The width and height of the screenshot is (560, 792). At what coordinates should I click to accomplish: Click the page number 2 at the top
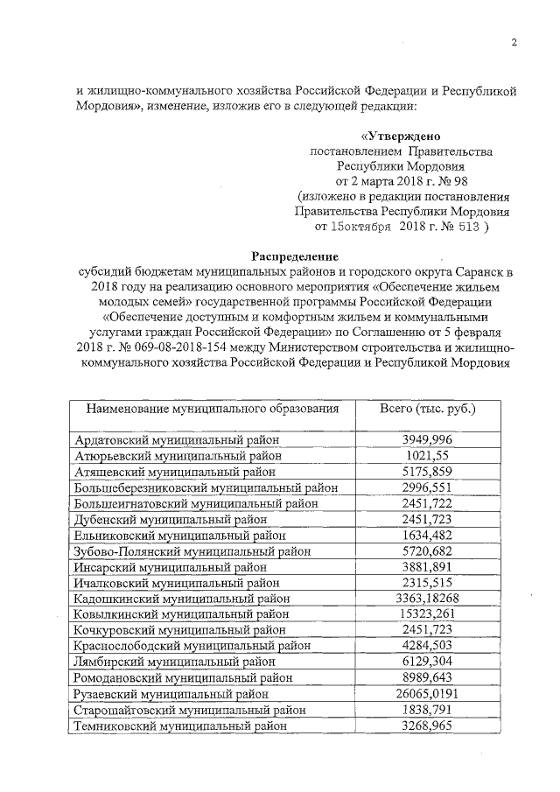514,43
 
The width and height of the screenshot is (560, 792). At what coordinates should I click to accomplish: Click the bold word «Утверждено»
402,137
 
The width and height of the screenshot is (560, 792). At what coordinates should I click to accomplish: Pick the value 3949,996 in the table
427,439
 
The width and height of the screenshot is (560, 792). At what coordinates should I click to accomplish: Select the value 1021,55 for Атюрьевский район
427,455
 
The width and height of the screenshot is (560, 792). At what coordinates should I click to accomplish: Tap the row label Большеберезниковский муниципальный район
206,487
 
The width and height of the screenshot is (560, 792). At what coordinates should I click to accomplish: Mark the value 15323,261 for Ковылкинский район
427,614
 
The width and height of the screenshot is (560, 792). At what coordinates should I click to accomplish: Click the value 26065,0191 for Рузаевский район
427,694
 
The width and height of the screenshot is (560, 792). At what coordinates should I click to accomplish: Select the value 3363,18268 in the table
427,599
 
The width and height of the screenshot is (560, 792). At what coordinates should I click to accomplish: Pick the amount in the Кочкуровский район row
427,630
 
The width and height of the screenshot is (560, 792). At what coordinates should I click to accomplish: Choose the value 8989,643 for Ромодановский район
427,678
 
